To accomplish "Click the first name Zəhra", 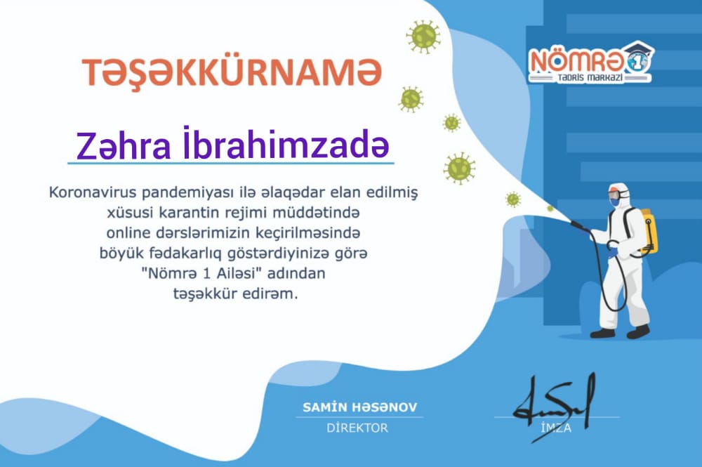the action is [124, 145].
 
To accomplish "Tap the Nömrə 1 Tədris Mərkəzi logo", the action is [591, 63].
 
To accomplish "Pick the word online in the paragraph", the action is [128, 233].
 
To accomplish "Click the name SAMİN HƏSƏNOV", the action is [360, 407].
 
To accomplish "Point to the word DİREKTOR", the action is [357, 428].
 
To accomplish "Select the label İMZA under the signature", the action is [556, 428].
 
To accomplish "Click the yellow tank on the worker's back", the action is [649, 230].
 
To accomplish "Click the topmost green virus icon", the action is [423, 37].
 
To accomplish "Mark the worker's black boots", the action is [620, 332].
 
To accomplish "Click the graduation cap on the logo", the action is [640, 48].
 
